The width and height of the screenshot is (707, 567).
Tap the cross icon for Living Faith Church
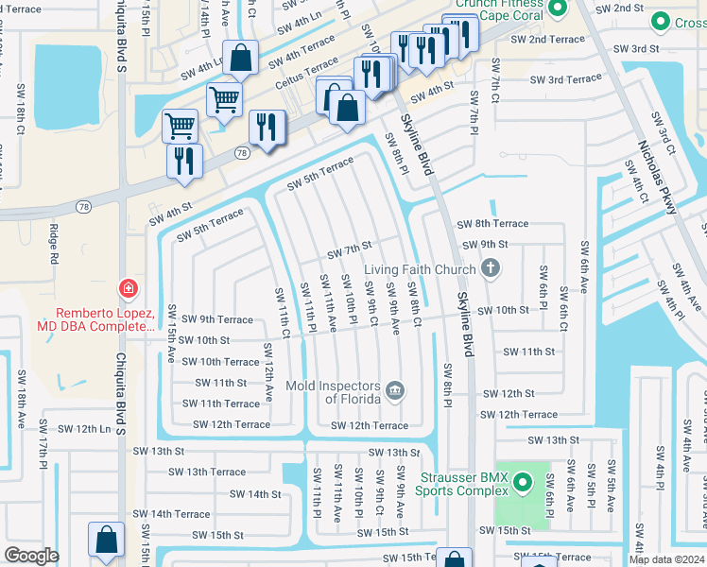490,269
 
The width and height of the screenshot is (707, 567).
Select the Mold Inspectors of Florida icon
395,388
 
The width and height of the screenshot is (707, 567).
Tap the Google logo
31,556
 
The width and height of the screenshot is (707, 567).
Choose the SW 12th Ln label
84,429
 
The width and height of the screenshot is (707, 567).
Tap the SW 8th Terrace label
492,224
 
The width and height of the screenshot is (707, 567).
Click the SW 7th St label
350,250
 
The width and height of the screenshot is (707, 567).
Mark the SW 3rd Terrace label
565,80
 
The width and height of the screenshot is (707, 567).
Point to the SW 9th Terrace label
216,319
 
